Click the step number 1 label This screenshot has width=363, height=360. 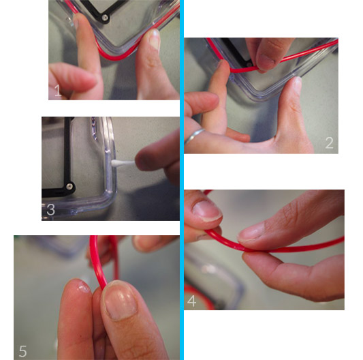coord(58,91)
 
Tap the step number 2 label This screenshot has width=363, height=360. coord(329,142)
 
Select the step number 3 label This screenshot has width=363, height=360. coord(50,209)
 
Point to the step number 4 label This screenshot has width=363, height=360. coord(191,301)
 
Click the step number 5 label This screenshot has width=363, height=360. coord(23,351)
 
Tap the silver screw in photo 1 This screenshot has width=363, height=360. coord(105,17)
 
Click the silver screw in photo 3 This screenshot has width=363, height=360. coord(69,186)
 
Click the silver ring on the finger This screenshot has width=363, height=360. coord(194,136)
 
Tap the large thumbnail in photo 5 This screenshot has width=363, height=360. coord(120,300)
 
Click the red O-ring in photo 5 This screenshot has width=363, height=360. coord(98,262)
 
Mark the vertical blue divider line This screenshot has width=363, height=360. coord(182,180)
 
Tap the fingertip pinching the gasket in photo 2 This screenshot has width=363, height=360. coord(266,62)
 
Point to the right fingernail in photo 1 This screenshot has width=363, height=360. coord(155,39)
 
